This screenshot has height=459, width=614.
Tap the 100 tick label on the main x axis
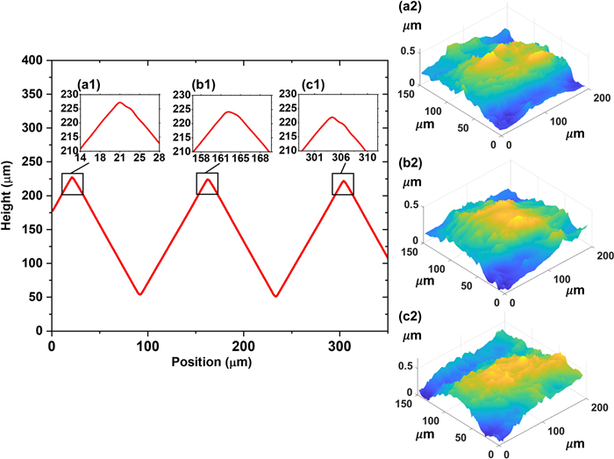point(148,346)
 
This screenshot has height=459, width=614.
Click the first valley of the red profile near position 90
point(139,294)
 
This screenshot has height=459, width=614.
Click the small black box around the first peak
point(73,184)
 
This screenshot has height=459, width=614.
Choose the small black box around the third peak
point(343,184)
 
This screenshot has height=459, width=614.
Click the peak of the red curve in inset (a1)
point(118,103)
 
